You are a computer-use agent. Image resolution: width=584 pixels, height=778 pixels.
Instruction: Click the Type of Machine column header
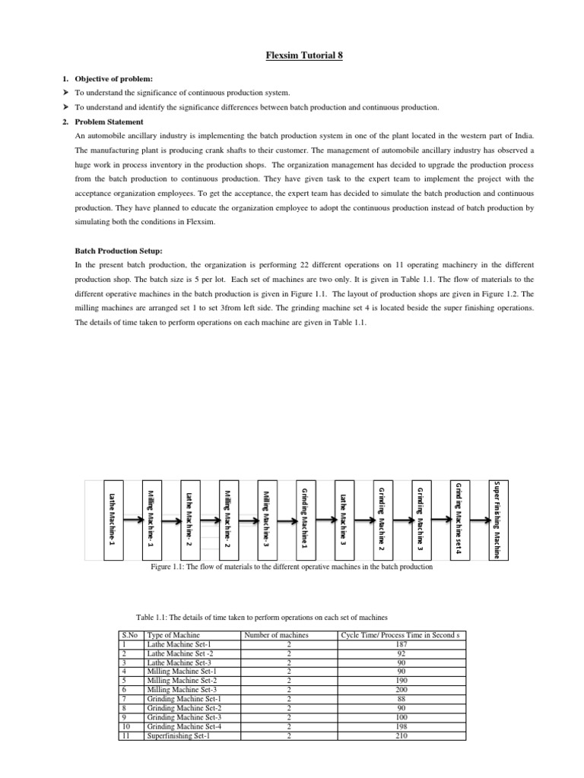tap(174, 634)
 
